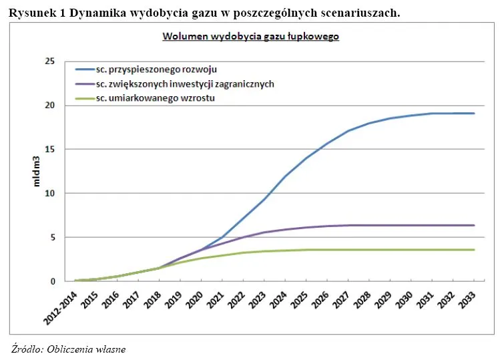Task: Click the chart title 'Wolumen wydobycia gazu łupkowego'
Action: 251,37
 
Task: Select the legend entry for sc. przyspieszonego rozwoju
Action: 156,69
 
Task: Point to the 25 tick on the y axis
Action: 49,61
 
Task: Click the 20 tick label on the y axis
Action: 49,106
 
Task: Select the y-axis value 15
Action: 49,150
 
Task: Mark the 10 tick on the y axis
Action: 49,194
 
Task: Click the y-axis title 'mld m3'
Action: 37,172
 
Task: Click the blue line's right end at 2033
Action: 474,113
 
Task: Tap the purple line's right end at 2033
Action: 474,225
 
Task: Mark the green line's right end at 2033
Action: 474,250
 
